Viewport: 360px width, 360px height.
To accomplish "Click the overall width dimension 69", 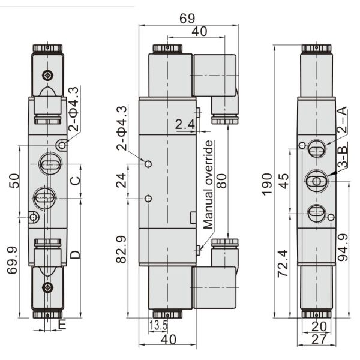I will click(187, 18).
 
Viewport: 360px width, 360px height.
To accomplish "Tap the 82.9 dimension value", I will click(121, 249).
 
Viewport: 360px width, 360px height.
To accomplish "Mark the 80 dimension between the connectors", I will click(223, 180).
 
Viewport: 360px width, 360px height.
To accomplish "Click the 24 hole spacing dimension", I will click(121, 181).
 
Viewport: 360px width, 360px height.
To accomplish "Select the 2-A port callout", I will click(341, 120).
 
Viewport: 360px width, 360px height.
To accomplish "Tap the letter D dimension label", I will click(75, 254).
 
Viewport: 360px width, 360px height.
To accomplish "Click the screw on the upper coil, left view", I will click(48, 76).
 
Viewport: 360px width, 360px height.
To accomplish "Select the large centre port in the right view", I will click(316, 179).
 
